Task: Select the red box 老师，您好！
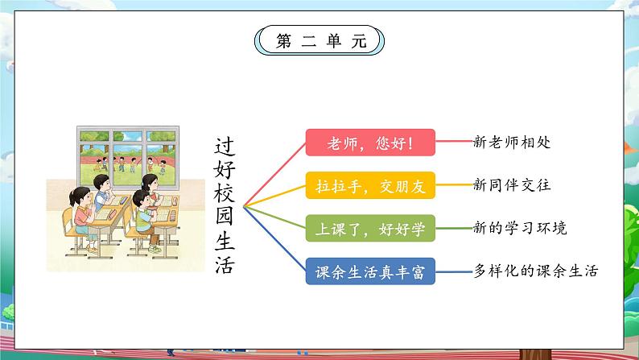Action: pyautogui.click(x=370, y=143)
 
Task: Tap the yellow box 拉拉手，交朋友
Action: pyautogui.click(x=370, y=186)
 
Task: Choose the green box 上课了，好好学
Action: pyautogui.click(x=370, y=229)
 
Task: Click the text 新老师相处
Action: pyautogui.click(x=512, y=143)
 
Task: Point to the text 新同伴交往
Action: pyautogui.click(x=512, y=185)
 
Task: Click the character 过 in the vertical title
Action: pyautogui.click(x=225, y=146)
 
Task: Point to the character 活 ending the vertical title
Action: pyautogui.click(x=225, y=265)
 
